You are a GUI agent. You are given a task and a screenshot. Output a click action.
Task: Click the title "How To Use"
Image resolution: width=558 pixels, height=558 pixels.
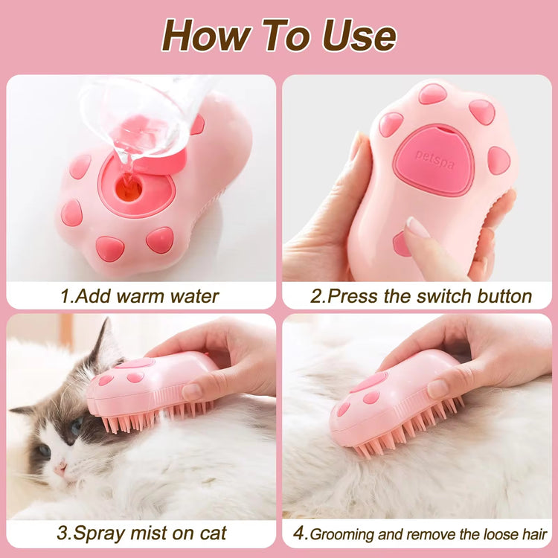(279, 35)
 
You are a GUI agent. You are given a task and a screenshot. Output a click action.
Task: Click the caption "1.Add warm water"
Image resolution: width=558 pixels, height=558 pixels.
(140, 296)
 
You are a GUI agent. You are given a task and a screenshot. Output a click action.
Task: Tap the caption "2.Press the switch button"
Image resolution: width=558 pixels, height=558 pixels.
(420, 296)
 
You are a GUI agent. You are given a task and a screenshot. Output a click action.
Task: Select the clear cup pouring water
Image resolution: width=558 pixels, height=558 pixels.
(141, 119)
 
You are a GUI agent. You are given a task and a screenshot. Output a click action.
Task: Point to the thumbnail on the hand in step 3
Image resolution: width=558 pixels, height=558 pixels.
(192, 391)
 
